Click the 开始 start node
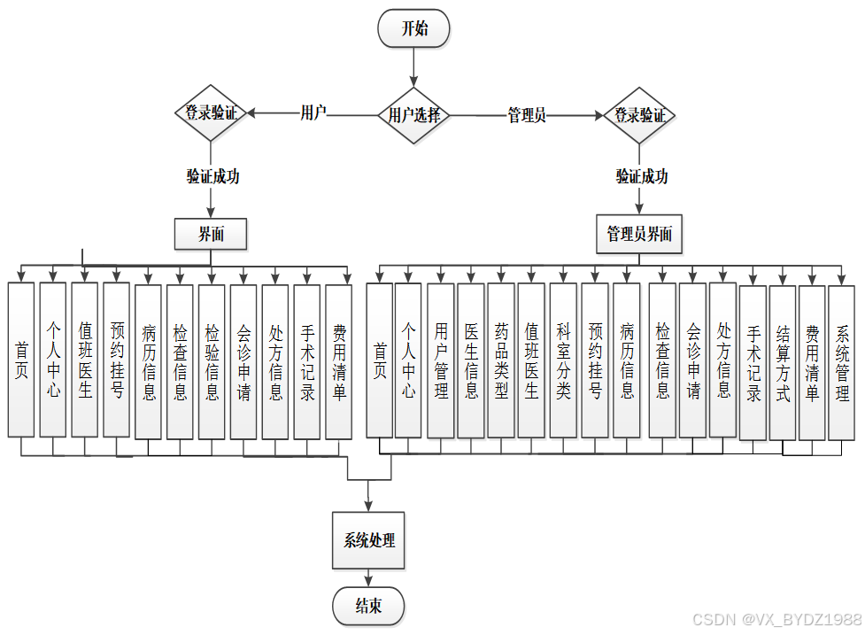pyautogui.click(x=413, y=28)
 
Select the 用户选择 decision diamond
pyautogui.click(x=413, y=114)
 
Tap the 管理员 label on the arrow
pyautogui.click(x=526, y=115)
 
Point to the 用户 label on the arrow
pyautogui.click(x=313, y=112)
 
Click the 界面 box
pyautogui.click(x=211, y=234)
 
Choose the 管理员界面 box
pyautogui.click(x=639, y=234)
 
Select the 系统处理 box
pyautogui.click(x=369, y=539)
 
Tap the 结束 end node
pyautogui.click(x=368, y=607)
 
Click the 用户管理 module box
pyautogui.click(x=441, y=360)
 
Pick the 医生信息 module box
pyautogui.click(x=471, y=360)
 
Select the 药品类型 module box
pyautogui.click(x=501, y=360)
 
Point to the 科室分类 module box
pyautogui.click(x=563, y=360)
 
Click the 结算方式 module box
pyautogui.click(x=783, y=362)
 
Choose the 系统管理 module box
pyautogui.click(x=842, y=362)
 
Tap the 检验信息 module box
pyautogui.click(x=212, y=361)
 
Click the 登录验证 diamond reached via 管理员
pyautogui.click(x=639, y=115)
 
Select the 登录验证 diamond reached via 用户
pyautogui.click(x=211, y=113)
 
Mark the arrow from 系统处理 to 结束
pyautogui.click(x=368, y=578)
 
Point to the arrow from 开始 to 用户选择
pyautogui.click(x=413, y=67)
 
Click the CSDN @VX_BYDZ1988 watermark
pyautogui.click(x=776, y=619)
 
